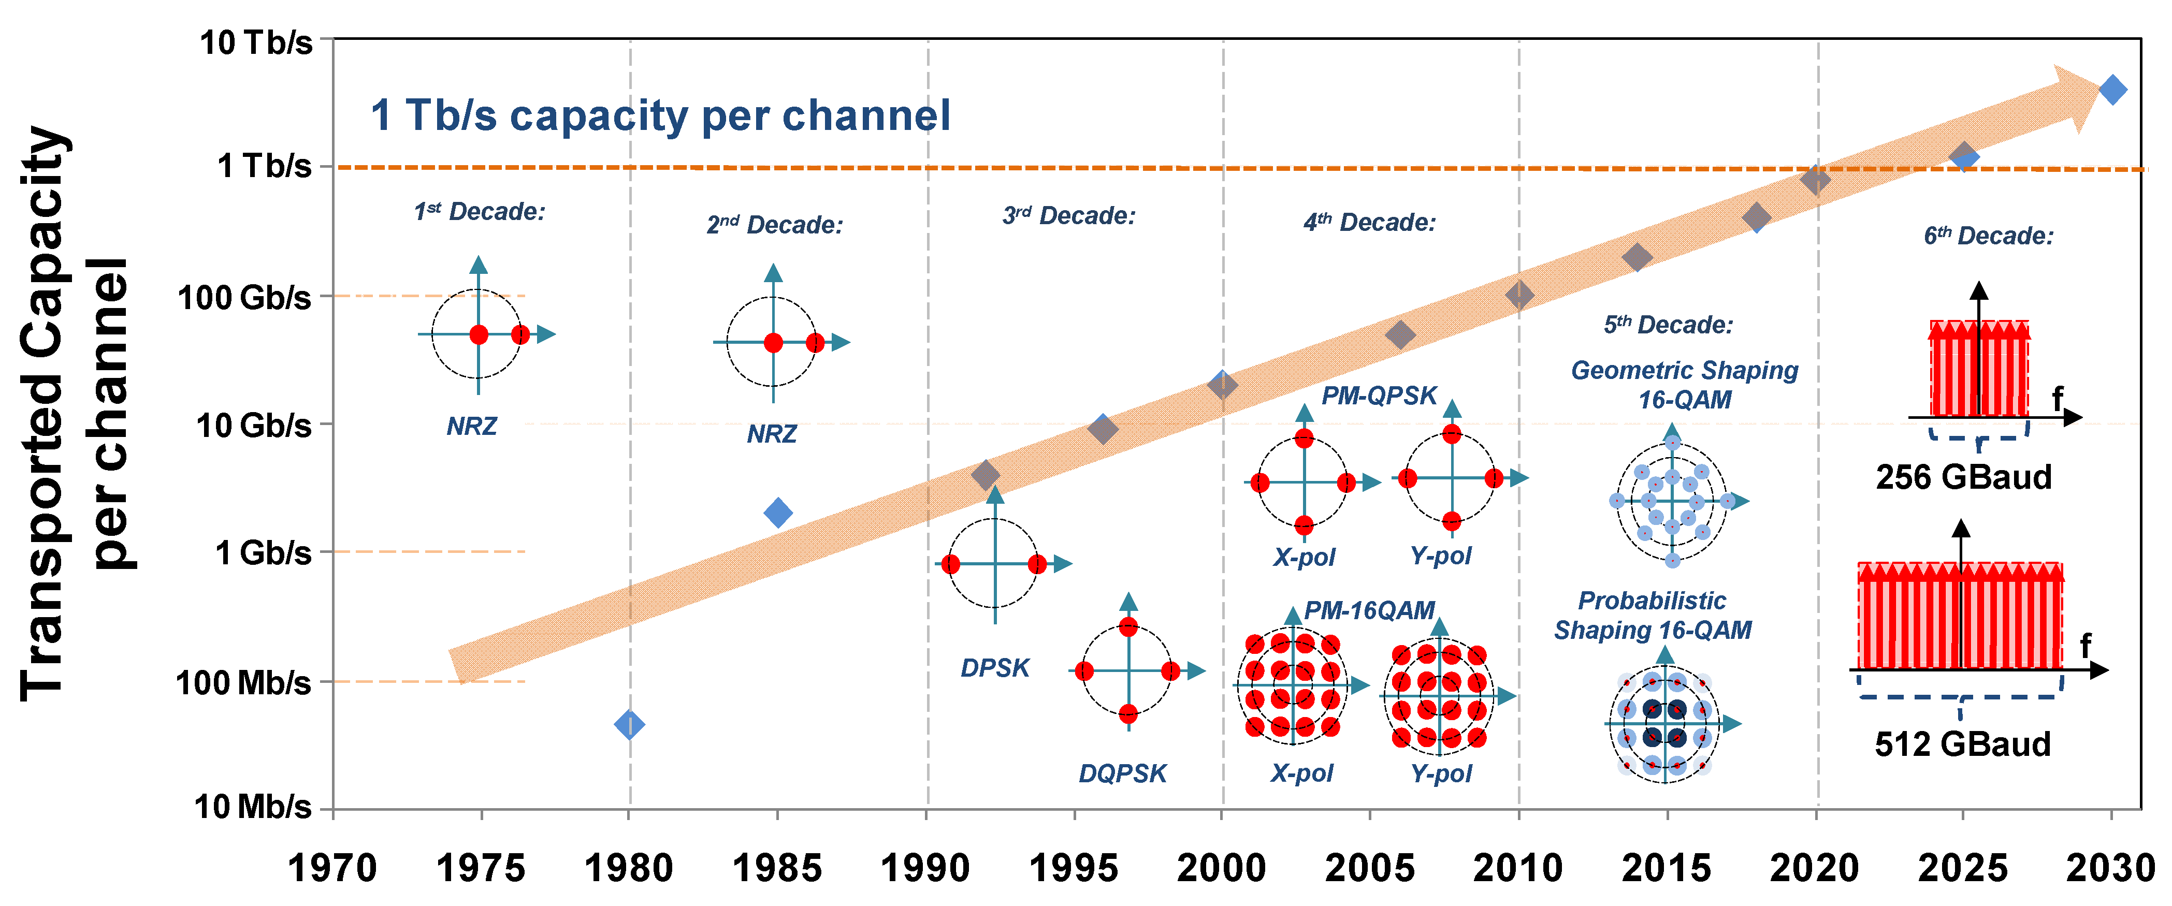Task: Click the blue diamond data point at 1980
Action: (x=630, y=724)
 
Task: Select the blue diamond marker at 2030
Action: (x=2112, y=90)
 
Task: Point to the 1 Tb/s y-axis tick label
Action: (x=264, y=166)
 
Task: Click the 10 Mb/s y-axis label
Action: (x=252, y=807)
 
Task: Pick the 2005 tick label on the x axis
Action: (x=1369, y=868)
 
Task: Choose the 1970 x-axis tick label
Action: (x=332, y=868)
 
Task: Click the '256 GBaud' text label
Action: (x=1963, y=477)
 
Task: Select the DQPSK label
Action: (x=1122, y=773)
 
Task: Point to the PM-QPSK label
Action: (x=1379, y=395)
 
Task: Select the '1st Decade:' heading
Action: (x=479, y=212)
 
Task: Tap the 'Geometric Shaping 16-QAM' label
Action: (x=1684, y=384)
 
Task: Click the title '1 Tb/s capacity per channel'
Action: (x=660, y=115)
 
